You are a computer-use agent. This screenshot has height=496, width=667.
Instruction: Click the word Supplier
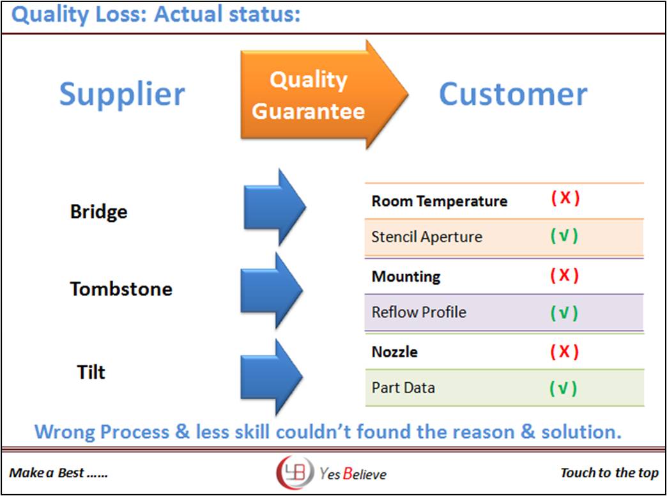pyautogui.click(x=122, y=94)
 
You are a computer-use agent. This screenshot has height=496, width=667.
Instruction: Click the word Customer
pyautogui.click(x=512, y=94)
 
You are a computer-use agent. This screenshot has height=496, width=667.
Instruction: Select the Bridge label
pyautogui.click(x=98, y=212)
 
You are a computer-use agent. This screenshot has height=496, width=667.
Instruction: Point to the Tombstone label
pyautogui.click(x=121, y=289)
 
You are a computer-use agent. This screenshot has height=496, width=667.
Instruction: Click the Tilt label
pyautogui.click(x=91, y=372)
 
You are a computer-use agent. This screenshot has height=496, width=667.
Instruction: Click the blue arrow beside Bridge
pyautogui.click(x=274, y=207)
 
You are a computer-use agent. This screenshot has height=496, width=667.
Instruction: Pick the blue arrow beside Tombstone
pyautogui.click(x=271, y=290)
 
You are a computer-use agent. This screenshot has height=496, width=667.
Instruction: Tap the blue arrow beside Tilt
pyautogui.click(x=271, y=376)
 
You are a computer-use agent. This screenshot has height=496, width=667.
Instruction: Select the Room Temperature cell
pyautogui.click(x=439, y=201)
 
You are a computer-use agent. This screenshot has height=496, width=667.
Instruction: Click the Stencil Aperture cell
pyautogui.click(x=426, y=237)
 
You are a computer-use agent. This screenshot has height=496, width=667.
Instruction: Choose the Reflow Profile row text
pyautogui.click(x=418, y=313)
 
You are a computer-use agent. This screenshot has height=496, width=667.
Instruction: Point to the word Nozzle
pyautogui.click(x=395, y=352)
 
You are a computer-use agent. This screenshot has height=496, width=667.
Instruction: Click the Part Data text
pyautogui.click(x=403, y=388)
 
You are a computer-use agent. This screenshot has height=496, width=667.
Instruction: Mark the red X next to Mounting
pyautogui.click(x=564, y=275)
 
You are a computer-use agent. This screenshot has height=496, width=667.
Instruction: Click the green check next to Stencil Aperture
pyautogui.click(x=564, y=236)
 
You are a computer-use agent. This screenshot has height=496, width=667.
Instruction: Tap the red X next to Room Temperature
pyautogui.click(x=565, y=198)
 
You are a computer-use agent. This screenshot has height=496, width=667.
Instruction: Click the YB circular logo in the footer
pyautogui.click(x=295, y=473)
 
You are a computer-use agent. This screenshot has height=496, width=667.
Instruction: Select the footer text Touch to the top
pyautogui.click(x=609, y=473)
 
